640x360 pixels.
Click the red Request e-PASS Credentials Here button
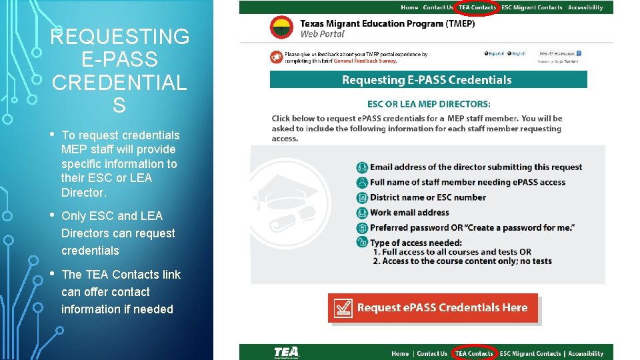pos(433,308)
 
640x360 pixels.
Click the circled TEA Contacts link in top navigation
pos(477,7)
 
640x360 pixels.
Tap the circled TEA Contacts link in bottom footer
pos(474,353)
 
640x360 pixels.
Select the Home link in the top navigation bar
pos(409,7)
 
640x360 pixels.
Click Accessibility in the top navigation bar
pos(585,7)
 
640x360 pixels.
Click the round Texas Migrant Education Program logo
pos(281,27)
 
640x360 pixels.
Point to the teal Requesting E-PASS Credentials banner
pos(428,80)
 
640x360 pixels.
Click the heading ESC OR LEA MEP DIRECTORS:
pos(429,104)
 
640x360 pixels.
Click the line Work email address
pos(409,213)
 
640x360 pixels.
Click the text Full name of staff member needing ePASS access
pos(467,182)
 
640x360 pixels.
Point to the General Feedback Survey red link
pos(365,61)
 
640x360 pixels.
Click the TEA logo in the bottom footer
pos(287,352)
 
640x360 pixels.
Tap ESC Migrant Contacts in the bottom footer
pos(531,353)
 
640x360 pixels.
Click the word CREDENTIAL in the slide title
pos(119,83)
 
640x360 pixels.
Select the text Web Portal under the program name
pos(322,34)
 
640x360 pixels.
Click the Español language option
pos(496,53)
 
